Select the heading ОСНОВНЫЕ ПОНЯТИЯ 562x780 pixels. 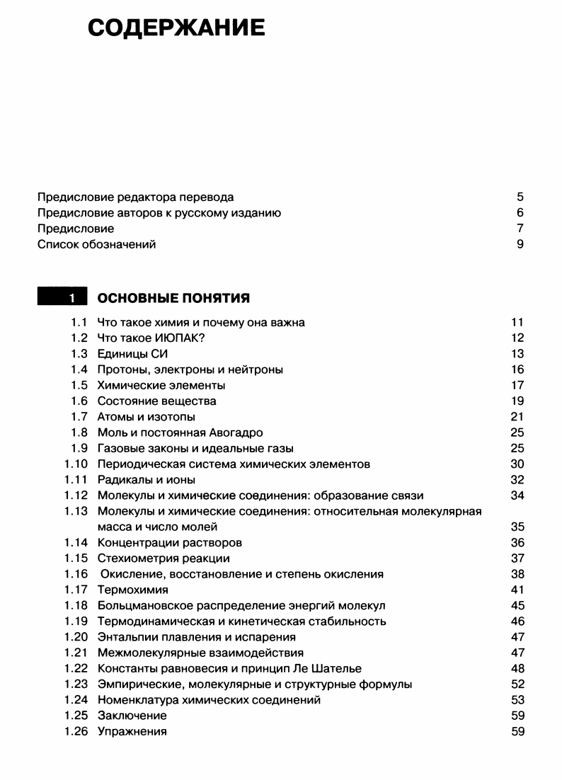(173, 298)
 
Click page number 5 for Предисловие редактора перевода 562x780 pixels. (520, 197)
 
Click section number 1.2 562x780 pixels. (79, 338)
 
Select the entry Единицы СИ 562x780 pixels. (132, 354)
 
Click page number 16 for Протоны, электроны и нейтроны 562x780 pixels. (517, 369)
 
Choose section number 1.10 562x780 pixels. (76, 464)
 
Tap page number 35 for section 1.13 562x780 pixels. (517, 527)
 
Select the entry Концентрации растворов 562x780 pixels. (169, 543)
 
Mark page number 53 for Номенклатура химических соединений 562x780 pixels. (517, 700)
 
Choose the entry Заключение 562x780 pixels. (132, 716)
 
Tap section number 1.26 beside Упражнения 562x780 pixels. (76, 732)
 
